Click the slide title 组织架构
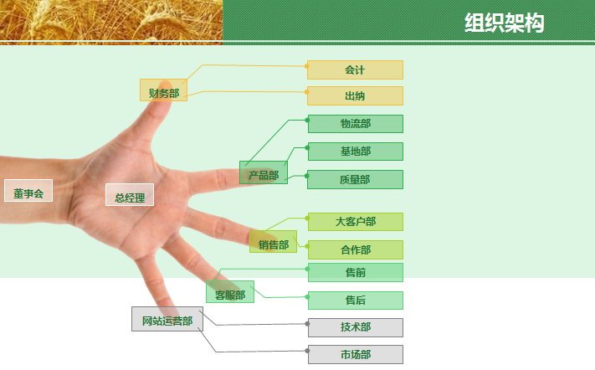[505, 23]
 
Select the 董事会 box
[28, 191]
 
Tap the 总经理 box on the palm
[130, 195]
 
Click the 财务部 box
[163, 90]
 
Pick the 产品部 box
[264, 172]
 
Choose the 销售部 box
[273, 241]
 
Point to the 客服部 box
[230, 292]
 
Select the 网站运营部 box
[167, 319]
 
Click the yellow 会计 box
[355, 69]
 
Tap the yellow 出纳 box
[355, 96]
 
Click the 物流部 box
[356, 124]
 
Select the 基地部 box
[356, 152]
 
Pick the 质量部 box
[355, 179]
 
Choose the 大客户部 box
[356, 222]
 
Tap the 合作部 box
[356, 250]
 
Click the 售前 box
[356, 272]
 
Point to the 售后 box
[356, 301]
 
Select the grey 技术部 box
[356, 328]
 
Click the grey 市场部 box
[356, 355]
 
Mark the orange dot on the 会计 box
[306, 66]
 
